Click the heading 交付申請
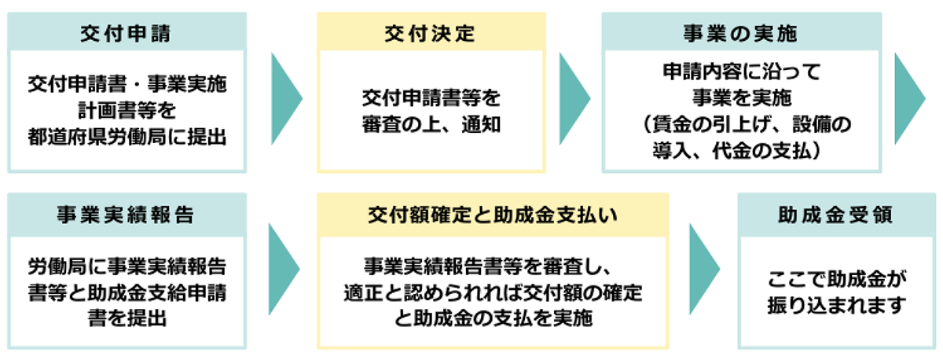126,34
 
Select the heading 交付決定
430,34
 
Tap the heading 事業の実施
740,34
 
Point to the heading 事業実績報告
126,215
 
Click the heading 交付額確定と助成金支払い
493,215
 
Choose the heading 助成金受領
835,215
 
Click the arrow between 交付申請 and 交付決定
286,98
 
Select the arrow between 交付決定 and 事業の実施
574,98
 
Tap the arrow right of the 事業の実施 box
910,98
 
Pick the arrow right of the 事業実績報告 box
284,269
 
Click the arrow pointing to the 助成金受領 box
704,269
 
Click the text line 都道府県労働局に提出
127,137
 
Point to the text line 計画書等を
127,110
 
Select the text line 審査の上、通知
431,125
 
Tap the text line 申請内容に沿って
742,72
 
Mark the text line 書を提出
127,318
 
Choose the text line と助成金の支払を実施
493,318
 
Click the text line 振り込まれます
836,305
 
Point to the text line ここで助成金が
836,279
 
